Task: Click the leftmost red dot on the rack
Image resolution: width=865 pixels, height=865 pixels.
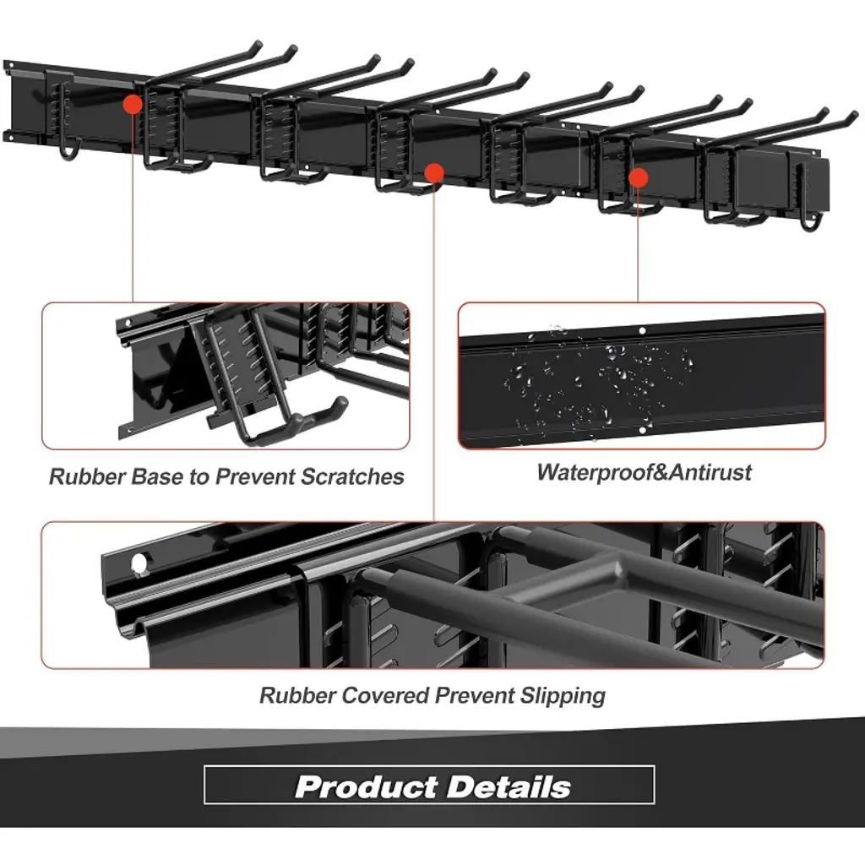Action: click(x=133, y=104)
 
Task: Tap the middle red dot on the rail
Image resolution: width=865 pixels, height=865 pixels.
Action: click(x=435, y=172)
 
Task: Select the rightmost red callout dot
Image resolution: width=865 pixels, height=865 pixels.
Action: click(x=639, y=177)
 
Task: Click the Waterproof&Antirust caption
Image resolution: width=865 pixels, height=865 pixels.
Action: click(x=644, y=472)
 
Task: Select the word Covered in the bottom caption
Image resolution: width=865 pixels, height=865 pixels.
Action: click(x=385, y=695)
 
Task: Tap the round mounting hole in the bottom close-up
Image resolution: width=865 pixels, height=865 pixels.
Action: click(x=139, y=563)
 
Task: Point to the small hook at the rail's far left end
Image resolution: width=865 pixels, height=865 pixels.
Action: click(x=69, y=149)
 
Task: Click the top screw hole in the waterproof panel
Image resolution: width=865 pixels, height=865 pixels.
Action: click(x=642, y=331)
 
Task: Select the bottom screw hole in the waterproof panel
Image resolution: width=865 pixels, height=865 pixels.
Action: click(x=643, y=430)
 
